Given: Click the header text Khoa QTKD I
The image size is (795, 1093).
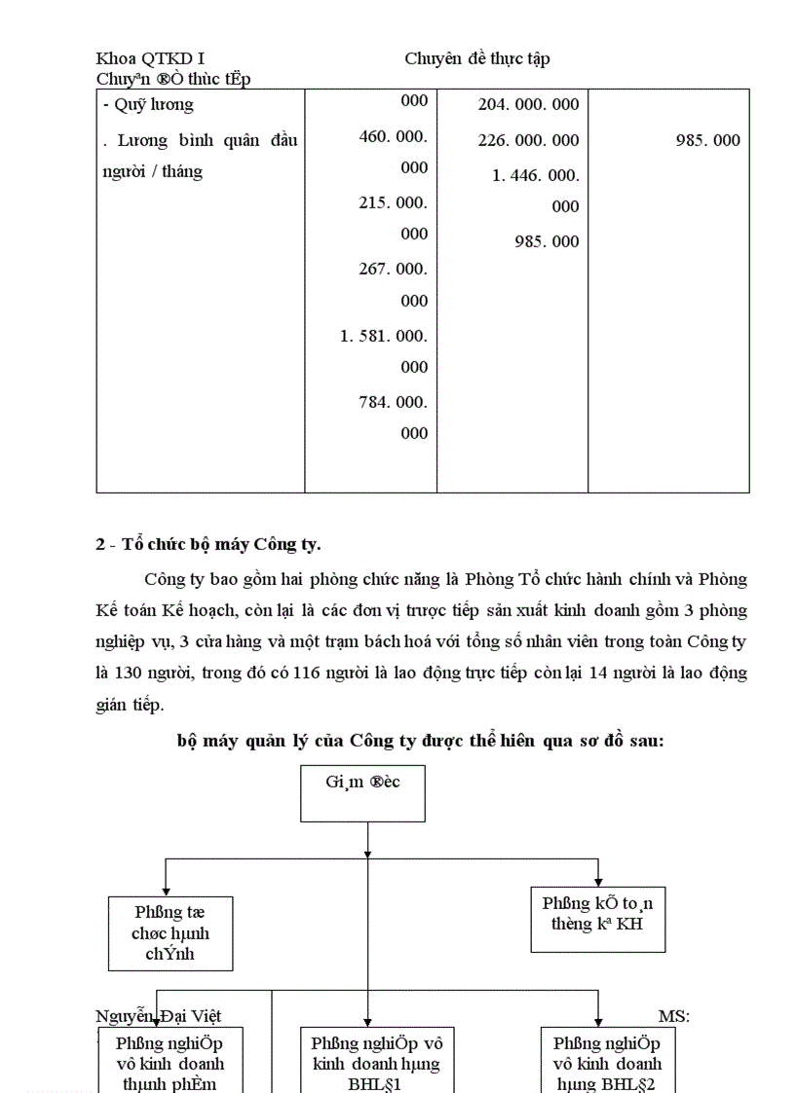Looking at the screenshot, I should [x=150, y=58].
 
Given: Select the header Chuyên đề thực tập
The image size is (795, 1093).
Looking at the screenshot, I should [x=477, y=58].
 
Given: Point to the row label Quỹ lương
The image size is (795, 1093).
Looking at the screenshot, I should [x=148, y=104].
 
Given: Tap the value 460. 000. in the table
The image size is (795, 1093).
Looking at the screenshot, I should [x=393, y=136].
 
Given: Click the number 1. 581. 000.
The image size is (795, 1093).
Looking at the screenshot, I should [x=384, y=336].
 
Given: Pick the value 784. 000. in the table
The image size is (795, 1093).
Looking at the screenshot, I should [x=393, y=402].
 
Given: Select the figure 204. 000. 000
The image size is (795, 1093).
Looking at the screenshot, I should [x=528, y=104].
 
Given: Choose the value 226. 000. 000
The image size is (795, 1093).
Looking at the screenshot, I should [x=528, y=140].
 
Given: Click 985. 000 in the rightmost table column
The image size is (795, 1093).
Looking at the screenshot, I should [x=707, y=140].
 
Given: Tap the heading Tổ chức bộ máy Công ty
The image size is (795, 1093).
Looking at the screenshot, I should [x=208, y=544].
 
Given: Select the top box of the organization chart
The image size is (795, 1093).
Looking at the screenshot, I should [x=363, y=793].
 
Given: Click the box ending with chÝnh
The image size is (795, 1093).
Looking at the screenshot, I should [x=170, y=933].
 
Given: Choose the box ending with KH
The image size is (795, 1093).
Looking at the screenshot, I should [x=598, y=919].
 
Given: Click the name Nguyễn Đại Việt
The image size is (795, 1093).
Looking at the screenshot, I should [x=158, y=1017].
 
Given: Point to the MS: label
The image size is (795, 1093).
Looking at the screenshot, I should [x=674, y=1017].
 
